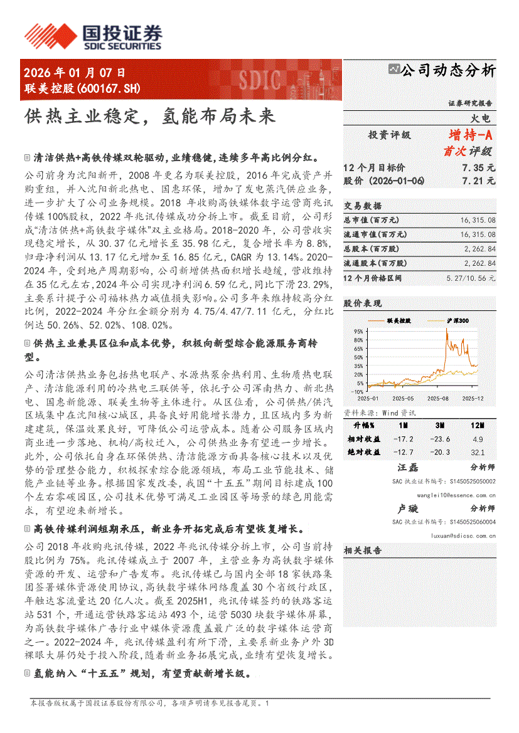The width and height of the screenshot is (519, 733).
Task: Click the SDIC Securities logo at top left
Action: point(92,36)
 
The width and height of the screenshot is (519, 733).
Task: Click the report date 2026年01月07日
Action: point(75,73)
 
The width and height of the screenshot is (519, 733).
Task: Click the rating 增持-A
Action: point(471,135)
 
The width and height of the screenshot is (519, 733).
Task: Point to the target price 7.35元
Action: point(478,167)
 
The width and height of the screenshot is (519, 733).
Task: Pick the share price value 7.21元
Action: point(478,181)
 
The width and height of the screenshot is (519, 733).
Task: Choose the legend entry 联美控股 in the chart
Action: point(399,320)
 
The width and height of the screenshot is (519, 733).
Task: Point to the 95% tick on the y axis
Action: point(359,330)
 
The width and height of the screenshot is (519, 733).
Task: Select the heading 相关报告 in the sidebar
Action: point(363,551)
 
